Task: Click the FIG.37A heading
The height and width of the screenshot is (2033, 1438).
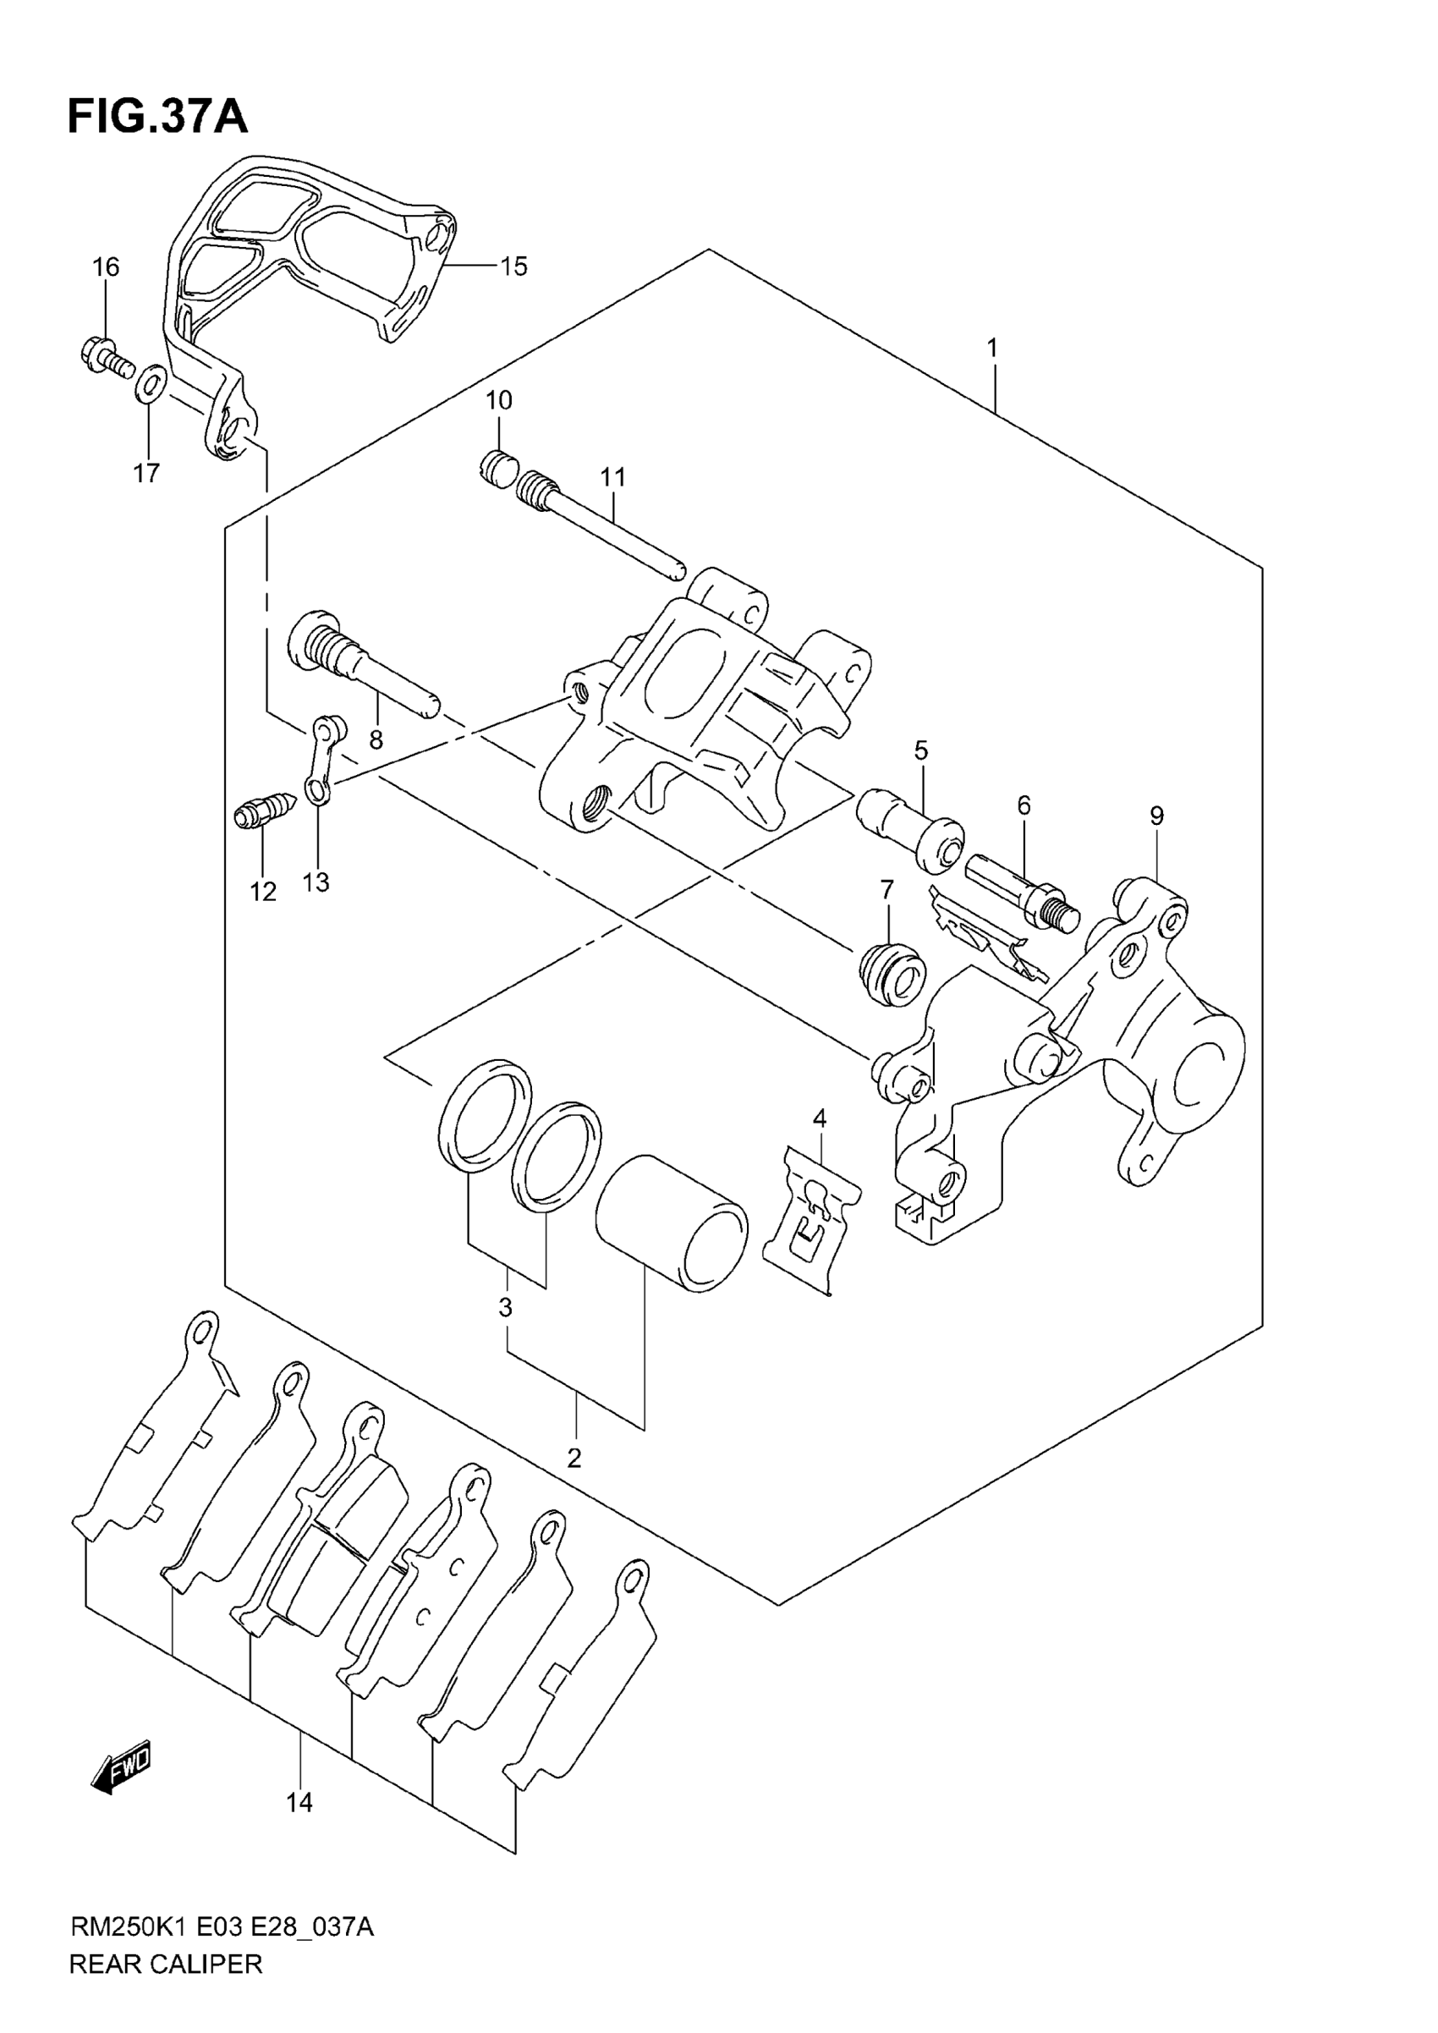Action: pos(157,116)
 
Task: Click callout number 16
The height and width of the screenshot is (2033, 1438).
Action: pos(106,266)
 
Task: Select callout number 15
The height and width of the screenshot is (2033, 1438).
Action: pos(513,266)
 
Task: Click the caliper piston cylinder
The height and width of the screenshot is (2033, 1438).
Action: pos(670,1221)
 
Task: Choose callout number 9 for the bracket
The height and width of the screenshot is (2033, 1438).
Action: pos(1156,816)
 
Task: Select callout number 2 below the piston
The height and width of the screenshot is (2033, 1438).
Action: pos(574,1458)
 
